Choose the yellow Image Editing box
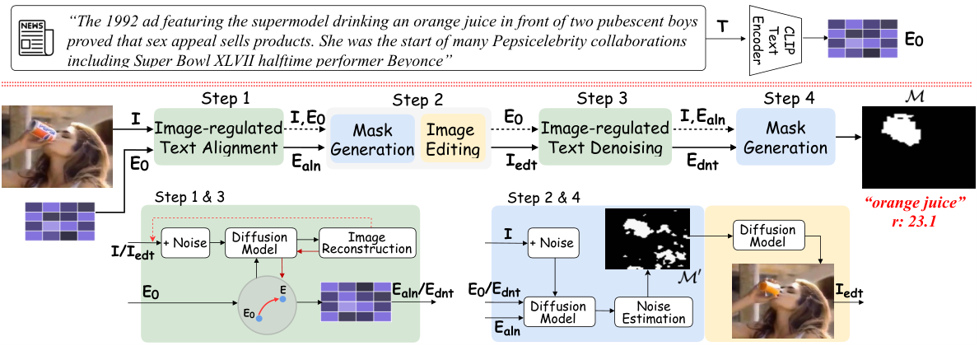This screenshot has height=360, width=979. (x=450, y=138)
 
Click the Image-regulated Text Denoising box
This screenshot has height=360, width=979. (x=605, y=138)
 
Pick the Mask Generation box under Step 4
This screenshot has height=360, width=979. (x=786, y=138)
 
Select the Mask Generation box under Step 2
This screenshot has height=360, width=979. (x=373, y=138)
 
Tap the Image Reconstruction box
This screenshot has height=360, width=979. (x=366, y=242)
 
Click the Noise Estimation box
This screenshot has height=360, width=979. (x=653, y=311)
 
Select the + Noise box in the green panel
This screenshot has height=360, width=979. (x=185, y=242)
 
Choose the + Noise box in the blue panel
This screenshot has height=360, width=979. (x=551, y=243)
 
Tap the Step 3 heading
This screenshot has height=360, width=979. (x=603, y=98)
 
